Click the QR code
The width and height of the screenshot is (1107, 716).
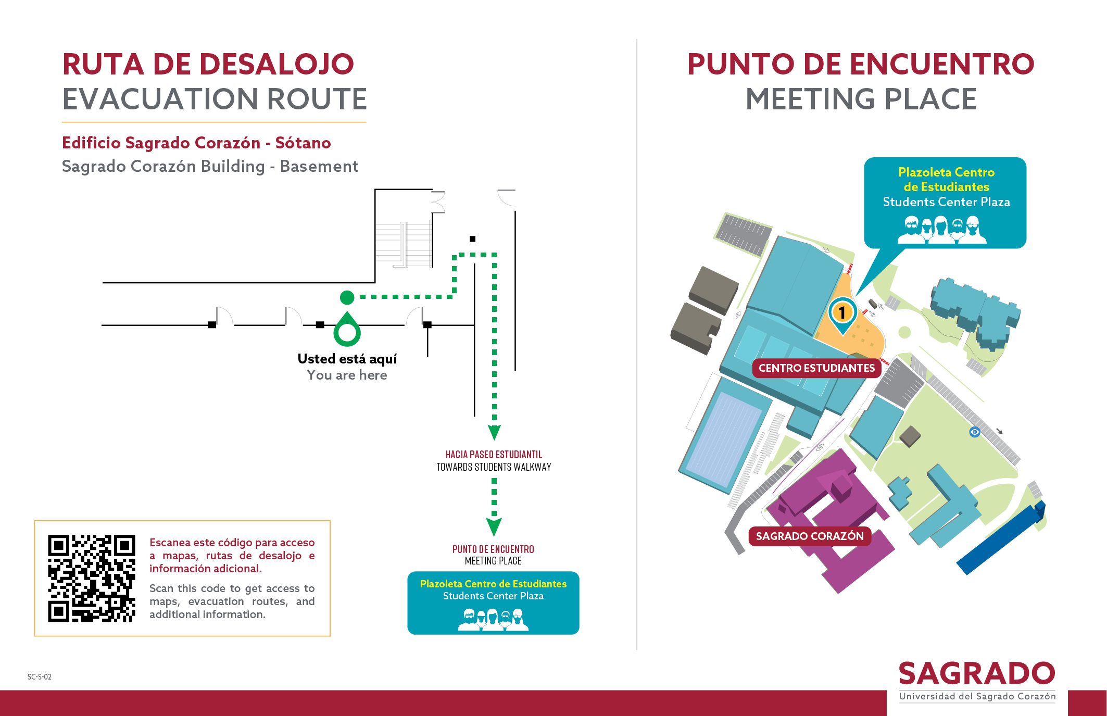pyautogui.click(x=92, y=578)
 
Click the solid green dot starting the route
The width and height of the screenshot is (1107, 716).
pyautogui.click(x=347, y=297)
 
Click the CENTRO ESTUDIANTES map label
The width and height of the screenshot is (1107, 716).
pyautogui.click(x=816, y=368)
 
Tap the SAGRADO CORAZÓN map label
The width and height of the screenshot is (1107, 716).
pyautogui.click(x=810, y=536)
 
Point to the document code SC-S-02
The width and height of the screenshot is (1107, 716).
pyautogui.click(x=40, y=677)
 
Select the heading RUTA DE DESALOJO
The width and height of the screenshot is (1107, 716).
pyautogui.click(x=208, y=64)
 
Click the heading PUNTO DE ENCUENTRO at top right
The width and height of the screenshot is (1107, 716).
pyautogui.click(x=861, y=64)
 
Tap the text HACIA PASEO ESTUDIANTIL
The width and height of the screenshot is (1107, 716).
pyautogui.click(x=494, y=455)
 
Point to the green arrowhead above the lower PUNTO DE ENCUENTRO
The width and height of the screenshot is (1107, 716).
pyautogui.click(x=494, y=527)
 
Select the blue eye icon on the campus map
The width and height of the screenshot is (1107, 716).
pyautogui.click(x=975, y=432)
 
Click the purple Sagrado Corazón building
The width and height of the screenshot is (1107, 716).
pyautogui.click(x=828, y=521)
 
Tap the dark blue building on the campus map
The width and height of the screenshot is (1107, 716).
pyautogui.click(x=1000, y=539)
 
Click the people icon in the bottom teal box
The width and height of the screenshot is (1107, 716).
pyautogui.click(x=493, y=620)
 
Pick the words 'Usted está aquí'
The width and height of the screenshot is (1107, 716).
pyautogui.click(x=347, y=359)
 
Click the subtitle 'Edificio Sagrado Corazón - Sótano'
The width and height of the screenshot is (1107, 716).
pyautogui.click(x=196, y=143)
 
